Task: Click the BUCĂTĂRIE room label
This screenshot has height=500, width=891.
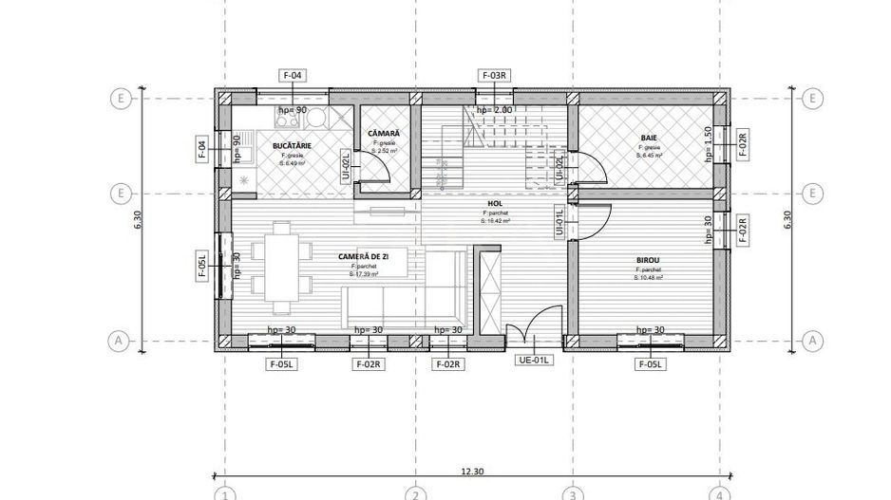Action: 293,145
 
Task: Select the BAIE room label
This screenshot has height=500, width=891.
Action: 649,139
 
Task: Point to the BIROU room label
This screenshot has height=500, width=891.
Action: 649,259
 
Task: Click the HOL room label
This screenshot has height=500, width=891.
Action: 494,203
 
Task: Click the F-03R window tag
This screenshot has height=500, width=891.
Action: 495,75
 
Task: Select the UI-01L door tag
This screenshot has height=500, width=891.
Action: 559,222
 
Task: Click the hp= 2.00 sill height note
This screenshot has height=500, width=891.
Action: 494,110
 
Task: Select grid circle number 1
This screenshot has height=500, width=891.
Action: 224,494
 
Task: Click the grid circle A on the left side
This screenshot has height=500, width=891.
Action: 121,339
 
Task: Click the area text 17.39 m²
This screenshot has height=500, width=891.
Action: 364,274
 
